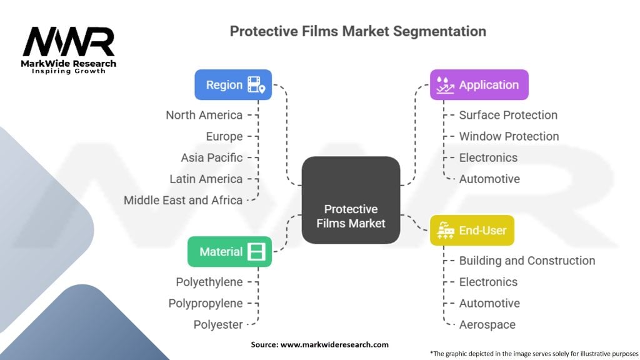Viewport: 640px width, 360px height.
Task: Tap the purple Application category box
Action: pos(479,84)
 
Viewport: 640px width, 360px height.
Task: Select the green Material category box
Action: pos(229,251)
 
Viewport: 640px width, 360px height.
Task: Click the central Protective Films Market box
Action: pos(351,200)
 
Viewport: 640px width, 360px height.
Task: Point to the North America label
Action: pos(204,115)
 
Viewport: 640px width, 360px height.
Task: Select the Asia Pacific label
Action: pos(212,157)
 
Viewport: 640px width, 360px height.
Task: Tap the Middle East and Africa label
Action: pos(183,200)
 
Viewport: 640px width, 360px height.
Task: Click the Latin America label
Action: pos(206,179)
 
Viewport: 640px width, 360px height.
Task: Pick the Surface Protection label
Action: pos(508,115)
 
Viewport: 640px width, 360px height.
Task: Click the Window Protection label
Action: pos(509,136)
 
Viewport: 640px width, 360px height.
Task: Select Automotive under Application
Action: pos(489,179)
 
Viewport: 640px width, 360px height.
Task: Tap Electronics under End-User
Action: pos(488,282)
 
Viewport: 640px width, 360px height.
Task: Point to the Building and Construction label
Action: pos(527,261)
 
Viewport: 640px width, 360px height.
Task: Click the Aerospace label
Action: pos(487,324)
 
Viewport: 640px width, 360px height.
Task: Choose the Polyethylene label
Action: pos(209,282)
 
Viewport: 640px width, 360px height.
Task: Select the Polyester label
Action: pos(217,324)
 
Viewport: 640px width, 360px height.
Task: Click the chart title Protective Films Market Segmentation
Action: pos(358,31)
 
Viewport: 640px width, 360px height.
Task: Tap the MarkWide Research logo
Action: pos(69,49)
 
